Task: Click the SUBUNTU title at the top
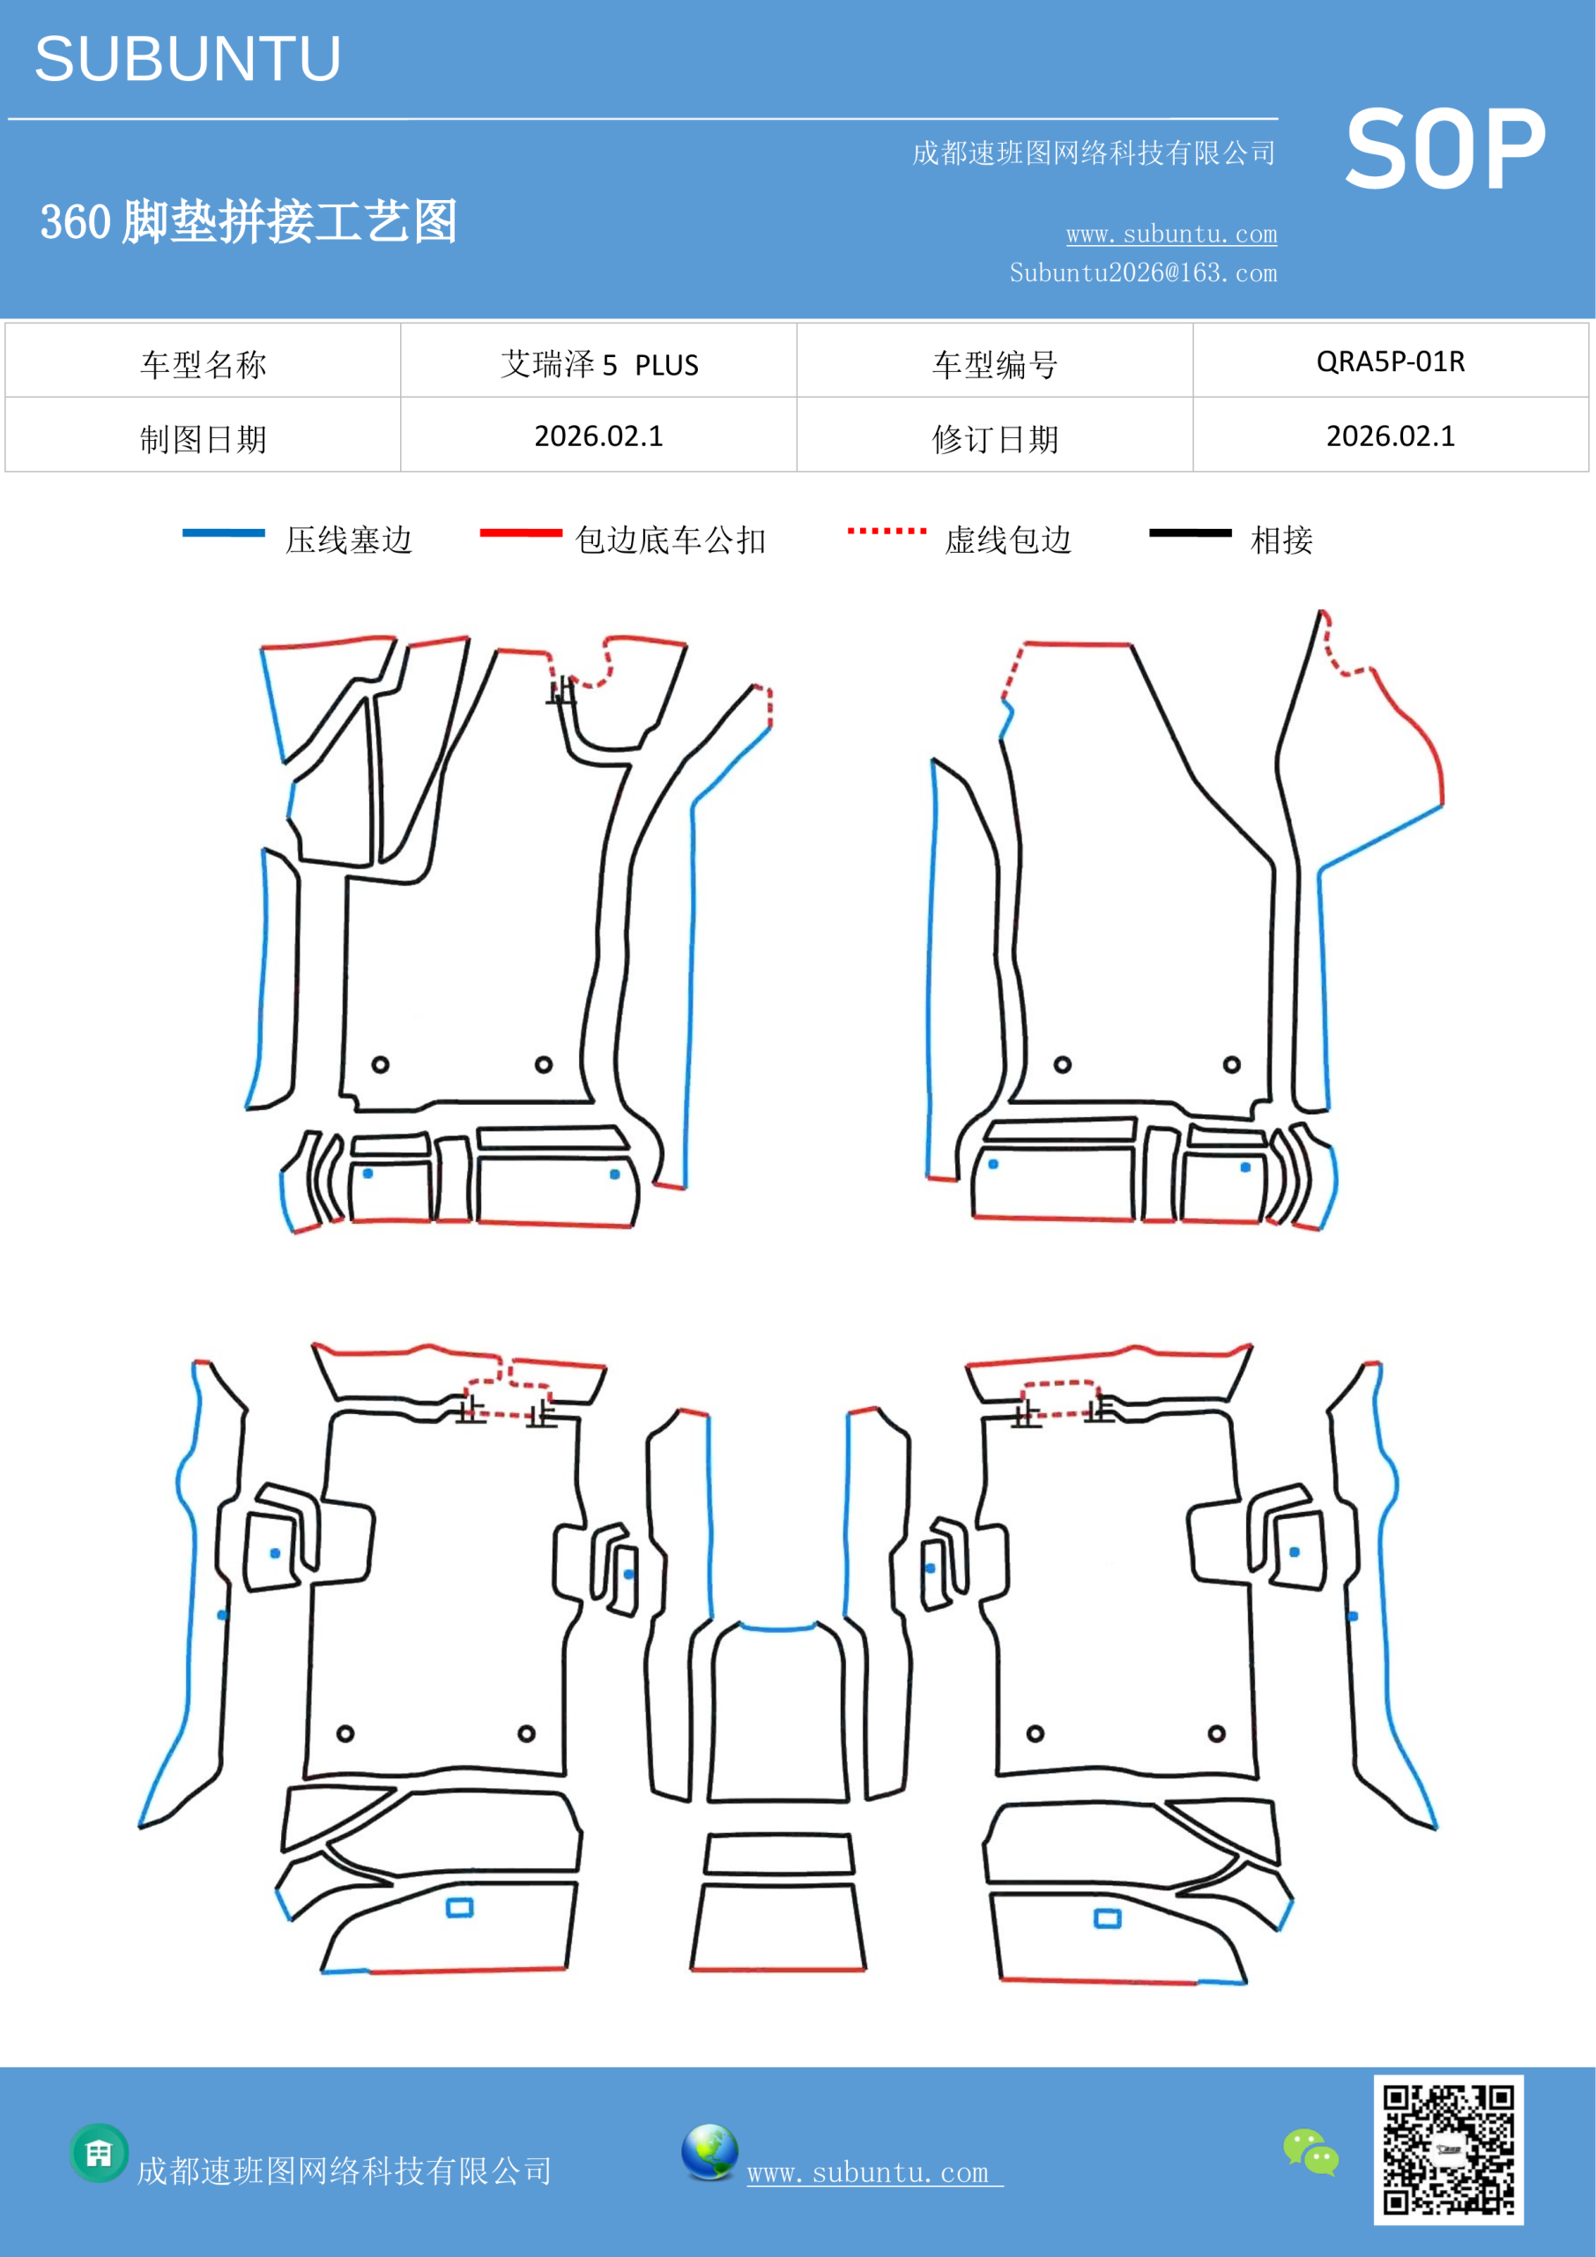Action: tap(188, 59)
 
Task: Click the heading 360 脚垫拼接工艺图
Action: tap(249, 221)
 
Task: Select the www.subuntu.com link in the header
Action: tap(1171, 234)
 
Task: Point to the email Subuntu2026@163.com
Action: tap(1143, 272)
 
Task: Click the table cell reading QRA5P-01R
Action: tap(1391, 361)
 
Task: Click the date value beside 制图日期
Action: tap(598, 436)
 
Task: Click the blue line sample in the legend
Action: tap(223, 533)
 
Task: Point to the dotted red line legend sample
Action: tap(887, 531)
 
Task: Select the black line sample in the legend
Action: tap(1190, 533)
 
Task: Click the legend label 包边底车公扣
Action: tap(671, 540)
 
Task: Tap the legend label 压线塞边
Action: tap(349, 540)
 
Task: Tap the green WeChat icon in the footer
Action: tap(1311, 2152)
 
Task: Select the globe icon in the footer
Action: tap(709, 2151)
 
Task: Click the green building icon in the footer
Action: tap(100, 2153)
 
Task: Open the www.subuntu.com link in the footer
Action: tap(874, 2172)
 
